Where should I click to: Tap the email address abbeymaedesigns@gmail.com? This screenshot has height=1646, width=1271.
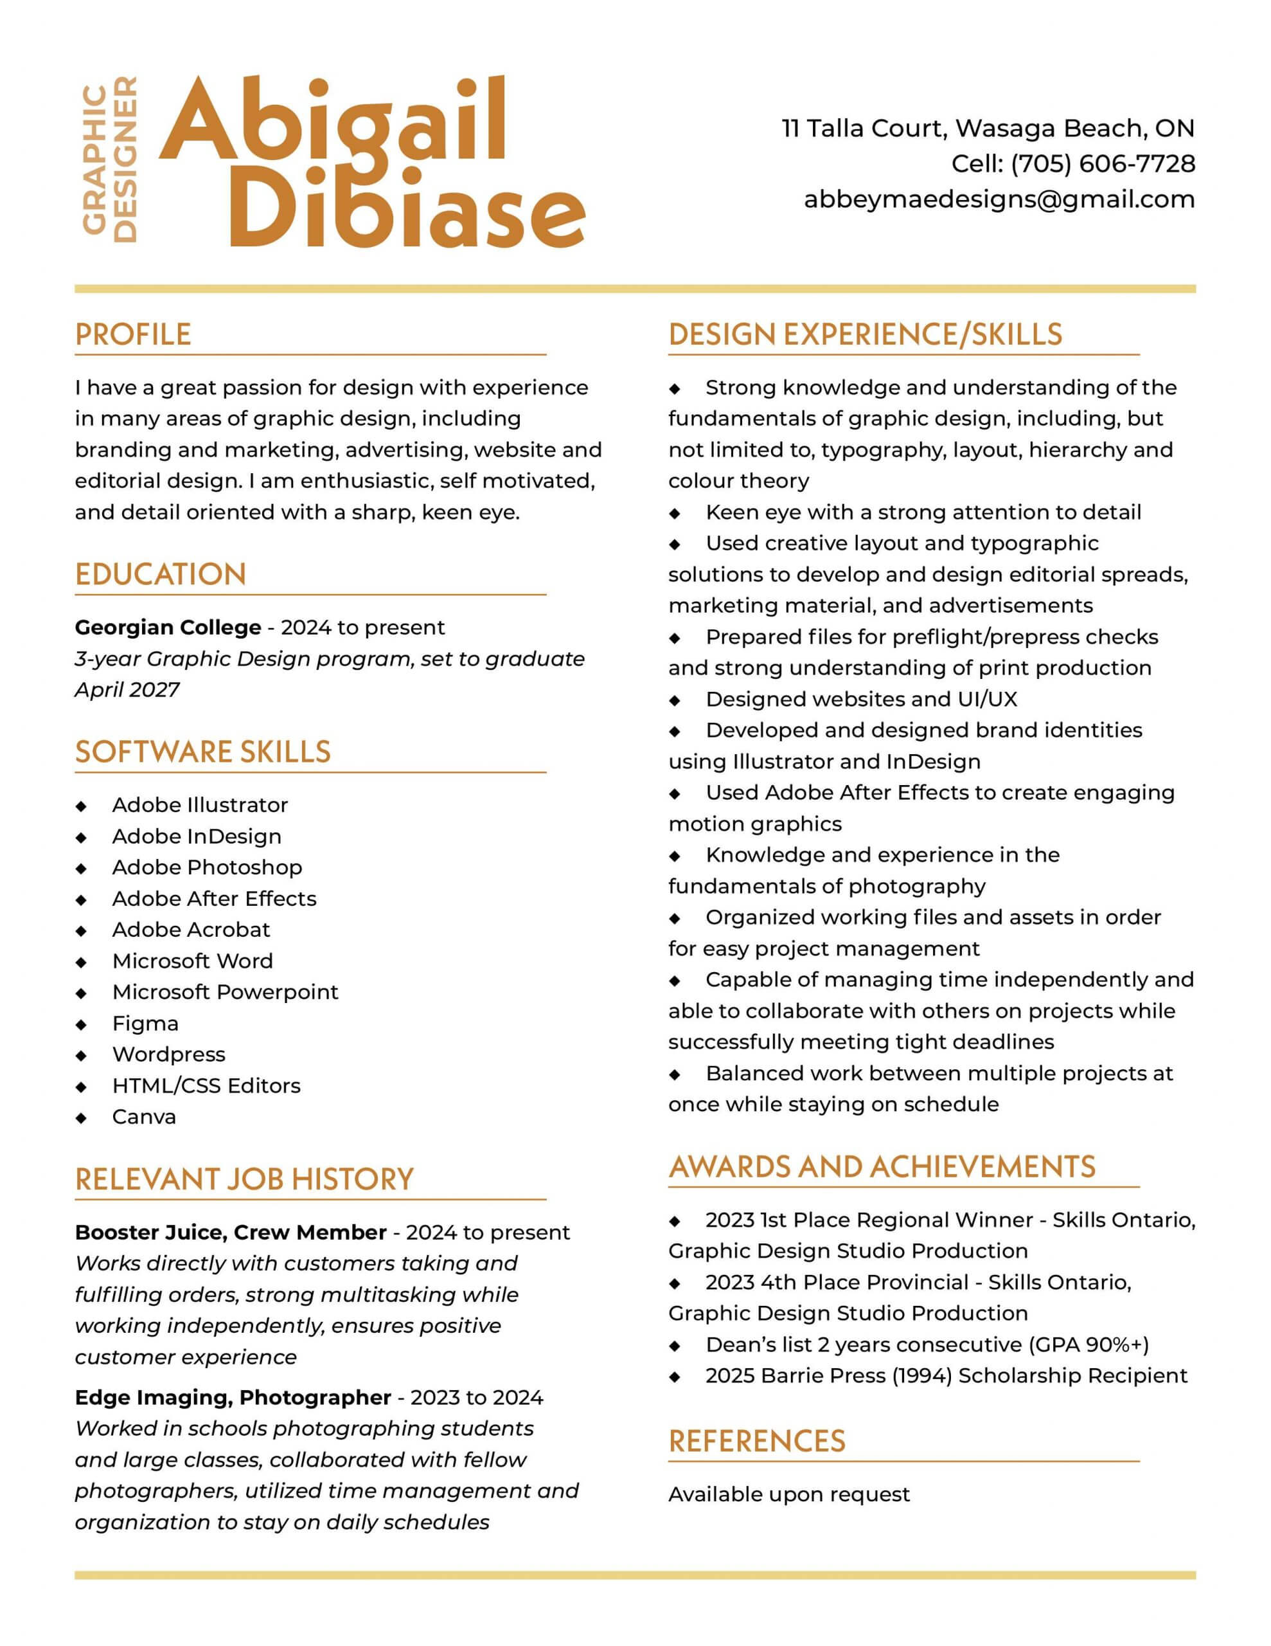[999, 200]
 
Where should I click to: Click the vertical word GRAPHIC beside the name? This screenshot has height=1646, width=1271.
[94, 159]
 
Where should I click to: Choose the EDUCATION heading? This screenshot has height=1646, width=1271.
[161, 574]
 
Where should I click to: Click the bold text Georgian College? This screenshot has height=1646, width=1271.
[168, 628]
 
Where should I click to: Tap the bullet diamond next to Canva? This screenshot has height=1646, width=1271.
[82, 1117]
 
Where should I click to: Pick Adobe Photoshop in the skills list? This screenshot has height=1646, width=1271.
[207, 867]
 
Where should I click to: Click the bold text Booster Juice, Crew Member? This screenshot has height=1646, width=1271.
[231, 1232]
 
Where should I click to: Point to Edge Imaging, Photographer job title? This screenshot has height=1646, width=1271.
[233, 1397]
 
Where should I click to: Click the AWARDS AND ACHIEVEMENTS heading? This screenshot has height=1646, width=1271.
[882, 1167]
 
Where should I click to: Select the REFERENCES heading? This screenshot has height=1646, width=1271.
[756, 1441]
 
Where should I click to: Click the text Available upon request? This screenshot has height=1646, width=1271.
[789, 1494]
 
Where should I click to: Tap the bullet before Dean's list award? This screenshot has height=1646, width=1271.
[675, 1345]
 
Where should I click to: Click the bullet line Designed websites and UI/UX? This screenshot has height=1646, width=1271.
[861, 700]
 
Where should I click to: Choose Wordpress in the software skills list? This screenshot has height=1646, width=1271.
[169, 1054]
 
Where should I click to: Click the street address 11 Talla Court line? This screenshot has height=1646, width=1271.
[988, 129]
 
